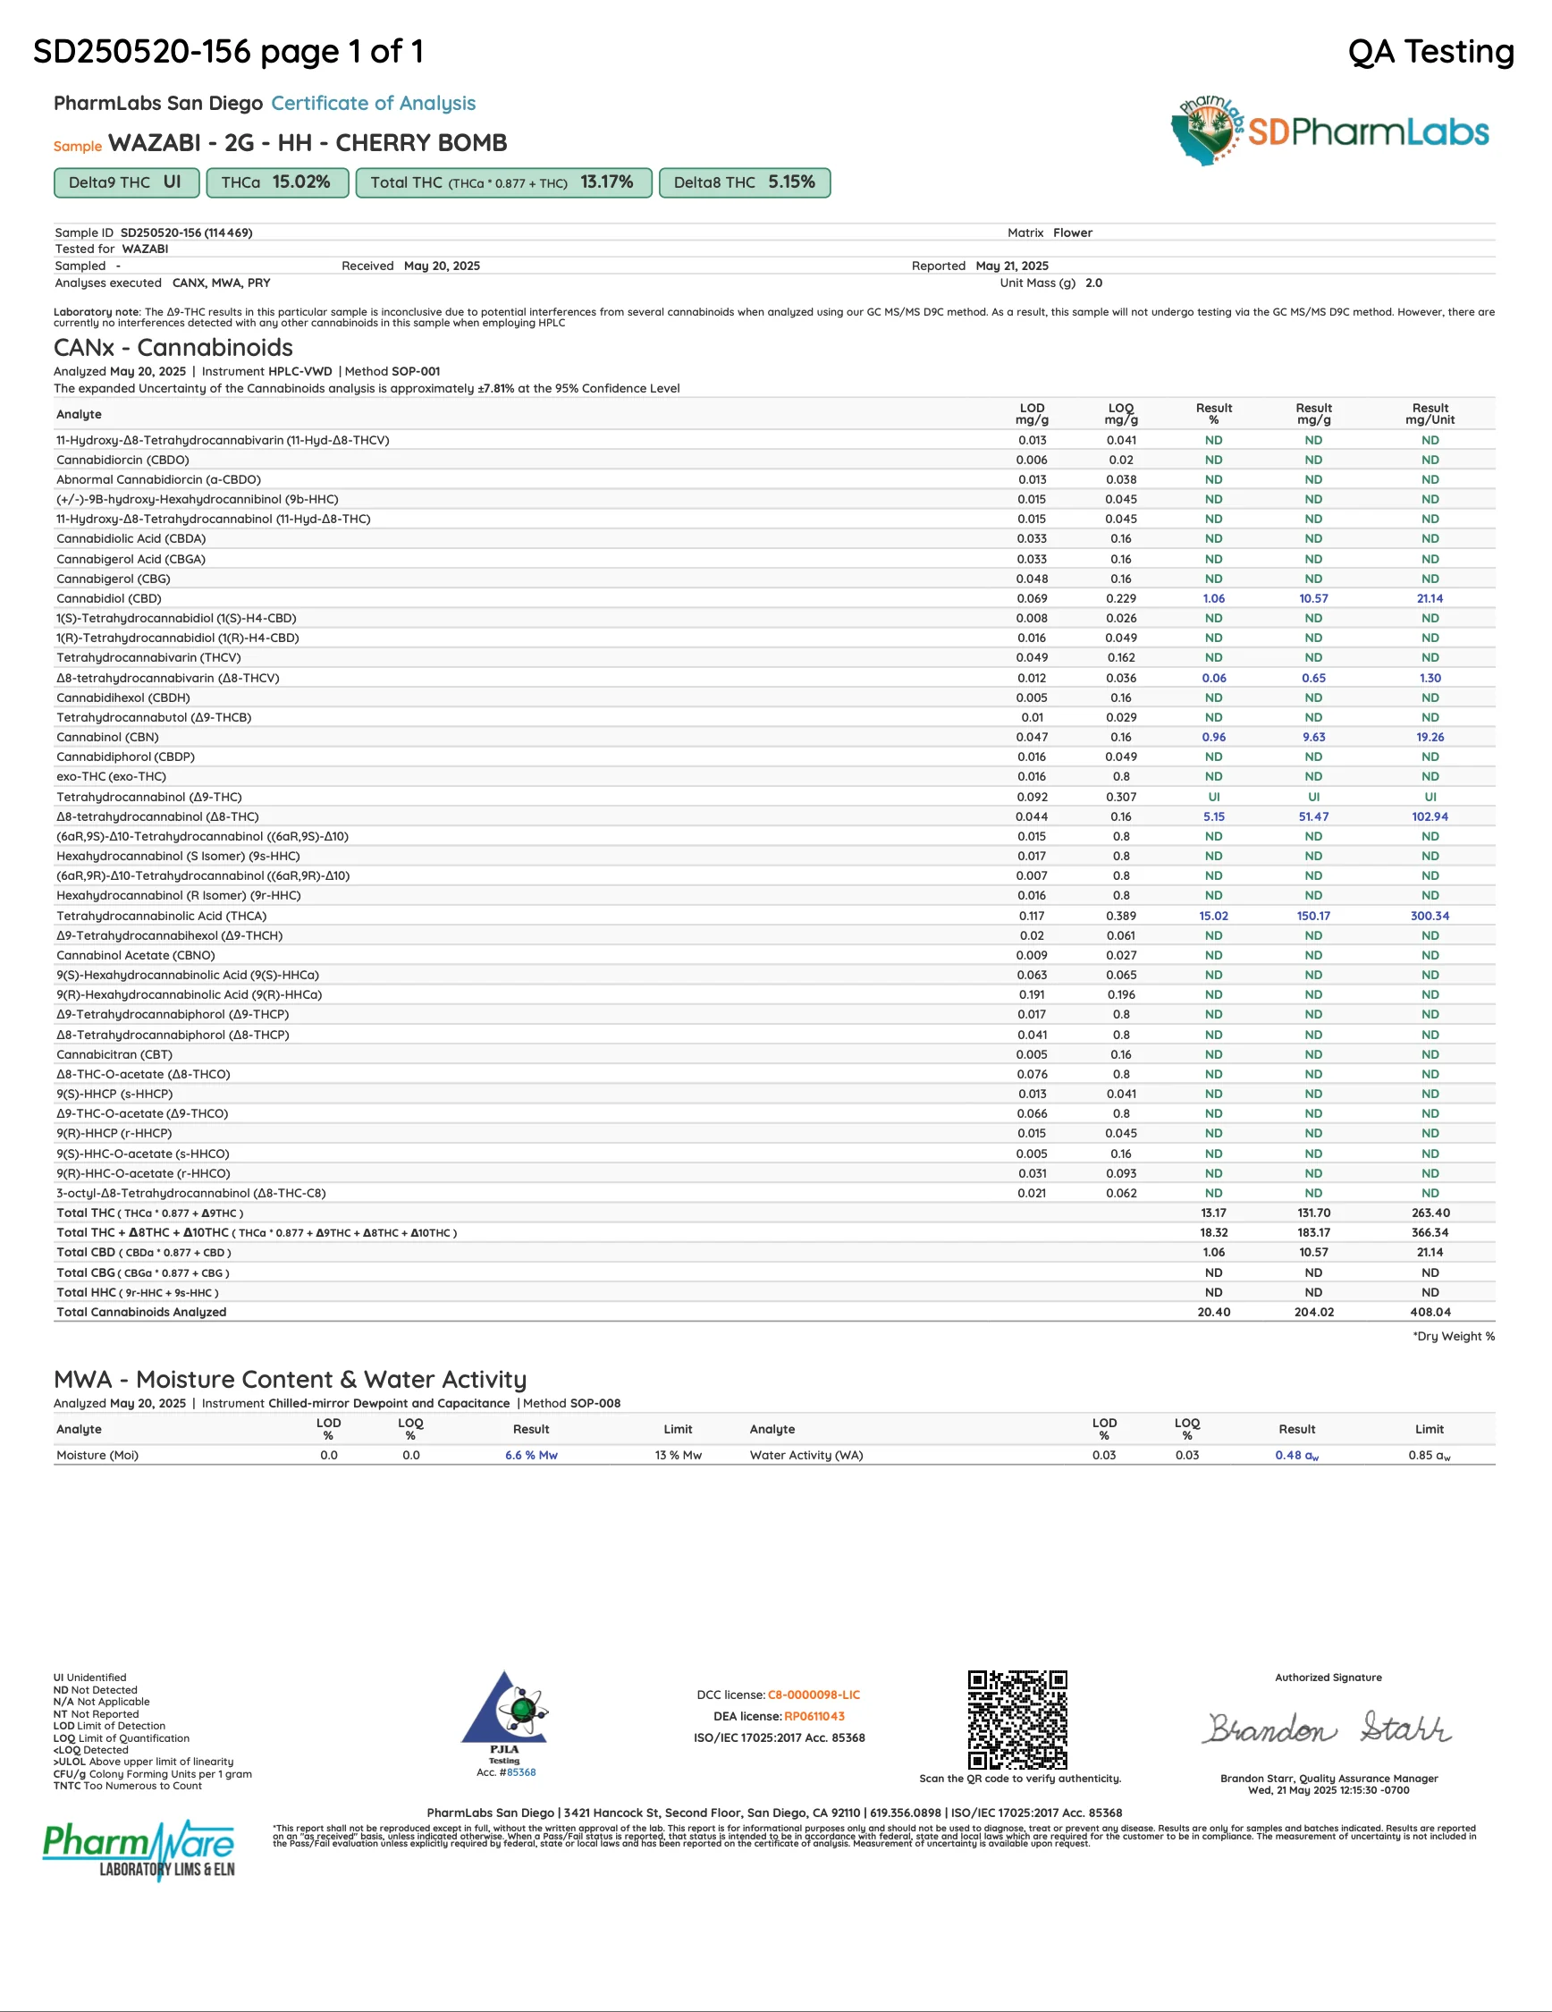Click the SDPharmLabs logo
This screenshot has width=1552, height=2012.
tap(1329, 131)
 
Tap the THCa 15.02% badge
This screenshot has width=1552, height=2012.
tap(276, 182)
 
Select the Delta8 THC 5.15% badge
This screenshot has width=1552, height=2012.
tap(744, 182)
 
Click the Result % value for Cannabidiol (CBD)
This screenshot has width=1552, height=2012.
tap(1213, 599)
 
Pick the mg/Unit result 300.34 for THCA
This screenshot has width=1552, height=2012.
tap(1430, 916)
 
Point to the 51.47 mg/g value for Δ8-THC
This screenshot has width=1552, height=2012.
tap(1313, 817)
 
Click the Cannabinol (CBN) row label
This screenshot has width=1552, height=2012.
tap(108, 737)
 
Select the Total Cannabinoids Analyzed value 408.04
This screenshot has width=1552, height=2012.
tap(1430, 1312)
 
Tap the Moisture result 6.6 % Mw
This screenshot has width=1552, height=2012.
tap(530, 1456)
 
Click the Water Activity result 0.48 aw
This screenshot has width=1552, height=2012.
tap(1296, 1456)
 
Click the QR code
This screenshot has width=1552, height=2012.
tap(1016, 1719)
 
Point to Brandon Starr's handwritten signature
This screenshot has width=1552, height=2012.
tap(1329, 1729)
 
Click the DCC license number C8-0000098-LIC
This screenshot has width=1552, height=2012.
tap(814, 1695)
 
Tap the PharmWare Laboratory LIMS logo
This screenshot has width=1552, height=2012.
tap(139, 1849)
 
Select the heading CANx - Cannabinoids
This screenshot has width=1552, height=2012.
tap(173, 348)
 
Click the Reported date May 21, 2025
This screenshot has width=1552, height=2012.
tap(1011, 266)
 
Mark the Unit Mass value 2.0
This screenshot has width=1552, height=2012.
tap(1093, 283)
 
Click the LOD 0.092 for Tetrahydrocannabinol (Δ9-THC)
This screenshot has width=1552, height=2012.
tap(1032, 797)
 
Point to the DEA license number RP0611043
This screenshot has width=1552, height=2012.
tap(814, 1716)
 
